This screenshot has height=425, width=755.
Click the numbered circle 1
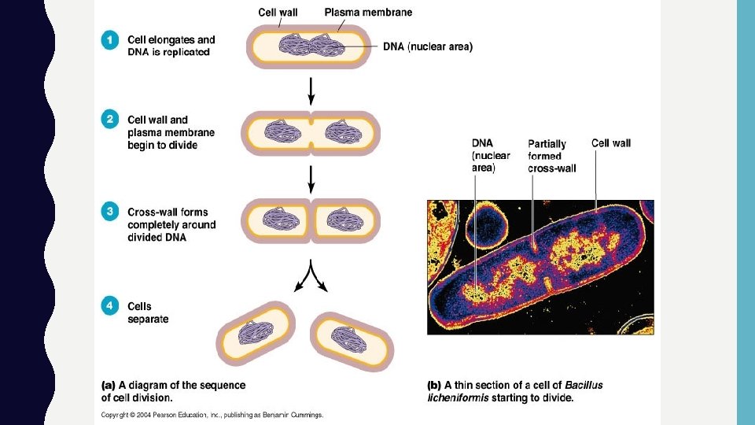[x=111, y=41]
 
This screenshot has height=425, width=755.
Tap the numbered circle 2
[x=111, y=120]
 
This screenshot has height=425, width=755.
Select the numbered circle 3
[x=111, y=212]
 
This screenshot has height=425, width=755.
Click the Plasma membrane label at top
[x=368, y=13]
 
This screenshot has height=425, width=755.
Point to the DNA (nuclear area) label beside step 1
[x=428, y=46]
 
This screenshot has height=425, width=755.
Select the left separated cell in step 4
[x=256, y=333]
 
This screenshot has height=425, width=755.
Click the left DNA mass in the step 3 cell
[x=275, y=220]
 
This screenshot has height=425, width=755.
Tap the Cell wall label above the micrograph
[x=611, y=143]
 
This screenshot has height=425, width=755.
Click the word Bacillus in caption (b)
[x=583, y=386]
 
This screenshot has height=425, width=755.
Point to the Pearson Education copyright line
[x=212, y=415]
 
